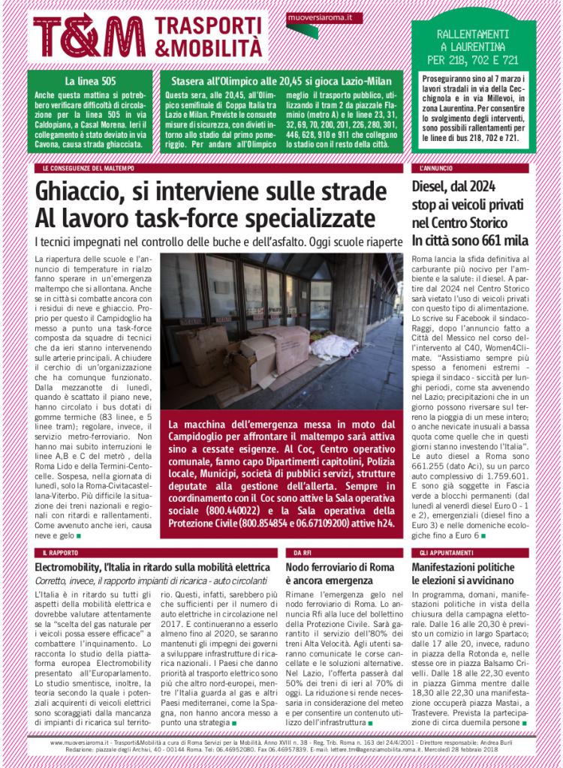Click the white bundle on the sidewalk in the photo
[333, 346]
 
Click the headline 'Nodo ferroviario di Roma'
[336, 566]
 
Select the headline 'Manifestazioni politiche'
[465, 566]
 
